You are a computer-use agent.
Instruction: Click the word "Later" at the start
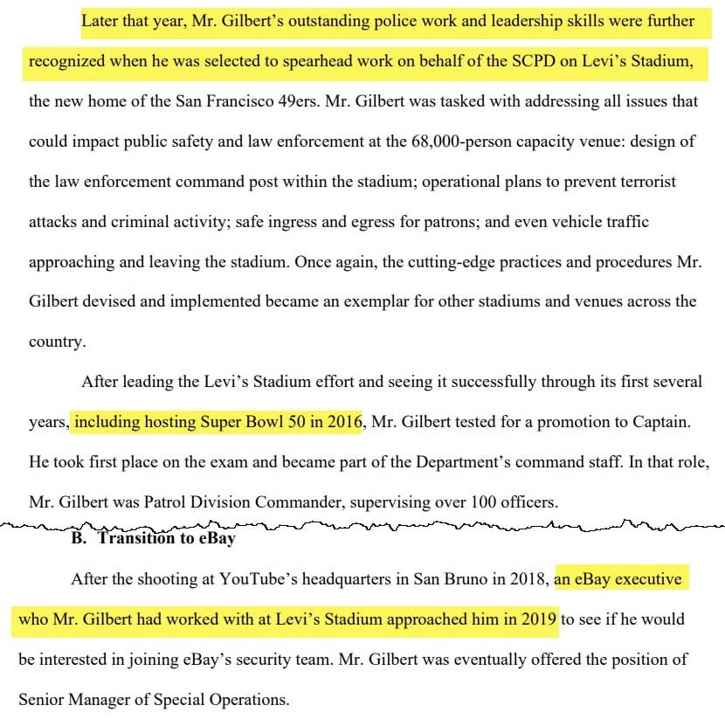pos(102,20)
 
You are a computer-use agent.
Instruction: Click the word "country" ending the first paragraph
pos(56,342)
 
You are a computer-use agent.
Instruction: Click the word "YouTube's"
pos(261,578)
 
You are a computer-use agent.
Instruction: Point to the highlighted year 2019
pos(539,620)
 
